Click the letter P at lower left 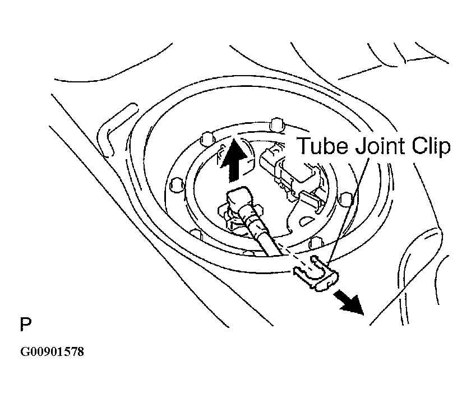pos(26,324)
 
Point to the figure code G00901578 pos(52,351)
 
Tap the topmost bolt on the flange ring pos(277,124)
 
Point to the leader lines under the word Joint pos(350,210)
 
